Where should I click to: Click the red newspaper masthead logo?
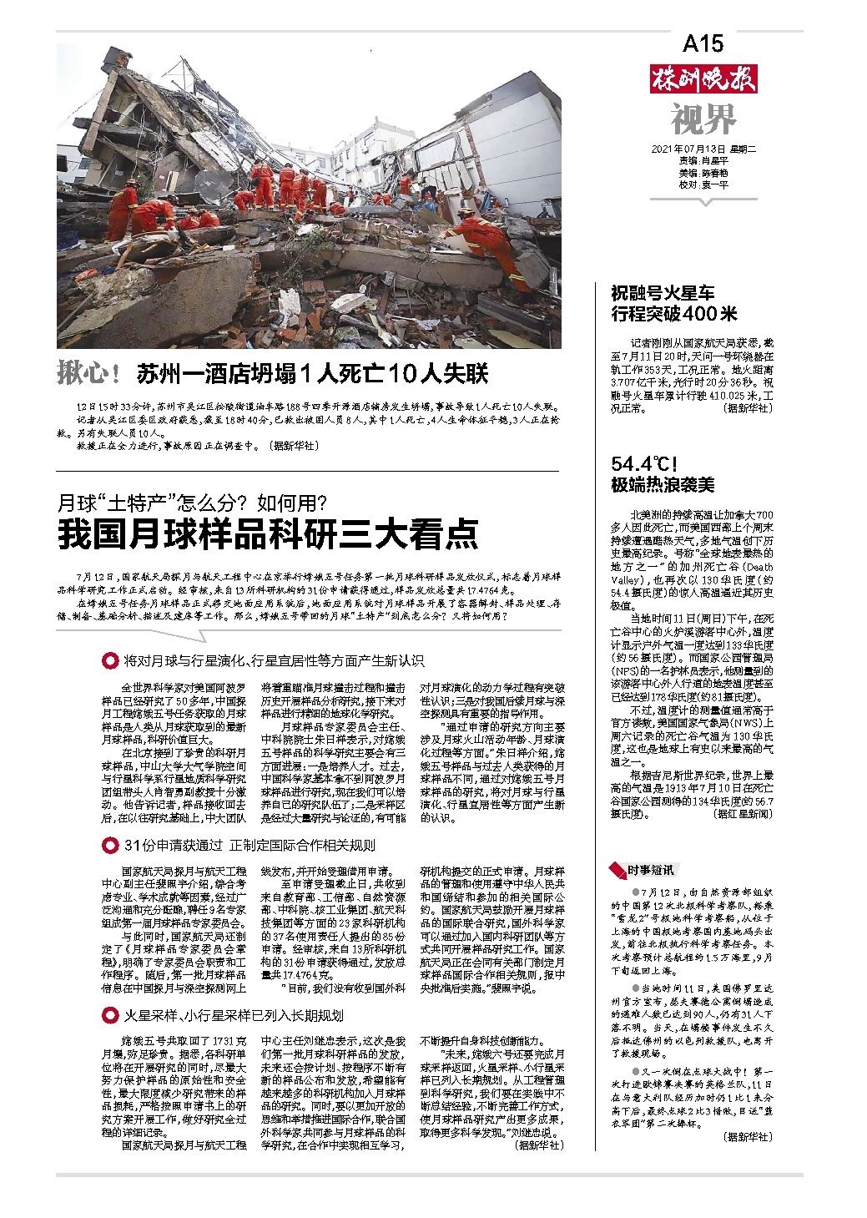[703, 80]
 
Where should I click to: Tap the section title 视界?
[703, 119]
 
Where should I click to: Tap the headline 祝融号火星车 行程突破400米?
[674, 304]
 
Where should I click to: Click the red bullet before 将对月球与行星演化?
[108, 660]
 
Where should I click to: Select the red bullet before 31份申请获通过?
[108, 846]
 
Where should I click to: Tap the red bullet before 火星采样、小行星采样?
[108, 1015]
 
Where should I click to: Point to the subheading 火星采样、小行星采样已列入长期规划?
[234, 1015]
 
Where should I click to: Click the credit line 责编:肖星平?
[703, 162]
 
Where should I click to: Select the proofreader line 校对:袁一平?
[703, 185]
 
